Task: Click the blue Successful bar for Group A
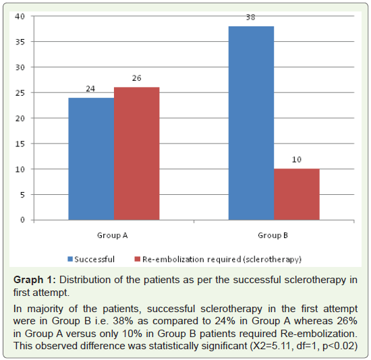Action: click(x=91, y=158)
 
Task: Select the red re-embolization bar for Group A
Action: click(x=137, y=154)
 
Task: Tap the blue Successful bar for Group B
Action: click(x=252, y=123)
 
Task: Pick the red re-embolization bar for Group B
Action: click(x=297, y=194)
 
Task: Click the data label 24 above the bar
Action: click(x=90, y=89)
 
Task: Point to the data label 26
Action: click(x=136, y=78)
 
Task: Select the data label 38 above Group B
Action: click(x=250, y=18)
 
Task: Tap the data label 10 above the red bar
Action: click(x=297, y=160)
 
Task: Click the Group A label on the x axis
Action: click(x=113, y=235)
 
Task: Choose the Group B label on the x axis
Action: click(x=273, y=235)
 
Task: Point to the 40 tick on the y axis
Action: click(x=20, y=16)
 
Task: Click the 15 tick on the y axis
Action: click(x=20, y=144)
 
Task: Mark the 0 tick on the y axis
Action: click(x=22, y=220)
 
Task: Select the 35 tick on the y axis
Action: click(x=20, y=42)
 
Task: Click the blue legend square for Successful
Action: click(x=70, y=260)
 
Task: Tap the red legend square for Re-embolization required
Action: click(x=137, y=260)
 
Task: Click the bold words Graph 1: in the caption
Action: click(x=34, y=280)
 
